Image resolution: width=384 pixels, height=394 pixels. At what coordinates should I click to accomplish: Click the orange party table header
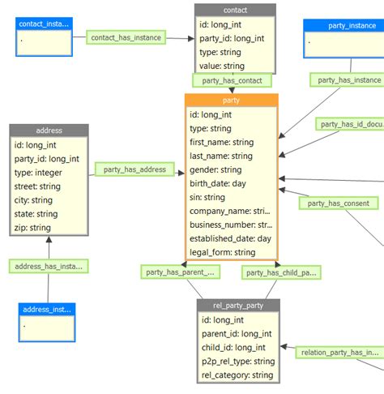[231, 100]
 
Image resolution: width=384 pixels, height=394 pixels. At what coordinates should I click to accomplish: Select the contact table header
[235, 11]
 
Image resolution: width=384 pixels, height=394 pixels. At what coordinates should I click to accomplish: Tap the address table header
[49, 131]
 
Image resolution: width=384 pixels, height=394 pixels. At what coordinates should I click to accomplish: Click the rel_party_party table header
[238, 306]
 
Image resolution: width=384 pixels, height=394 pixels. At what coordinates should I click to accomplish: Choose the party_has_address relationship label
[134, 169]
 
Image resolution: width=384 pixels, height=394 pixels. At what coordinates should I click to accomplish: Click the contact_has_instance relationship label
[126, 37]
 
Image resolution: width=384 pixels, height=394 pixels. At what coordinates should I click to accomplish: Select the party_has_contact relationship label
[231, 80]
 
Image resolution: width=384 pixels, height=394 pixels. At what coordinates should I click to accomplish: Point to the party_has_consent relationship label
[339, 203]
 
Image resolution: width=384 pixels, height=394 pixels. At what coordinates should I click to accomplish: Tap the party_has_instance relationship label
[348, 80]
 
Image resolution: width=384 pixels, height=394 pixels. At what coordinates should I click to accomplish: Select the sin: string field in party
[207, 197]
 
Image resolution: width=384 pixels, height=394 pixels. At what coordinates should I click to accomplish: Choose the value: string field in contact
[222, 66]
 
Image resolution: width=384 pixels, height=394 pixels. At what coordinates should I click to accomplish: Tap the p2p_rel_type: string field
[238, 362]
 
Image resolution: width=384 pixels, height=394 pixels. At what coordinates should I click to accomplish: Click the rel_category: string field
[237, 375]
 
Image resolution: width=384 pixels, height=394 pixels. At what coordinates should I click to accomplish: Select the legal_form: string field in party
[222, 252]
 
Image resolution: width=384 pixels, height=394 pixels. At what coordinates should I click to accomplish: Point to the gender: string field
[215, 169]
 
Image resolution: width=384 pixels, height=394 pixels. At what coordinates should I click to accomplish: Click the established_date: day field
[231, 238]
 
